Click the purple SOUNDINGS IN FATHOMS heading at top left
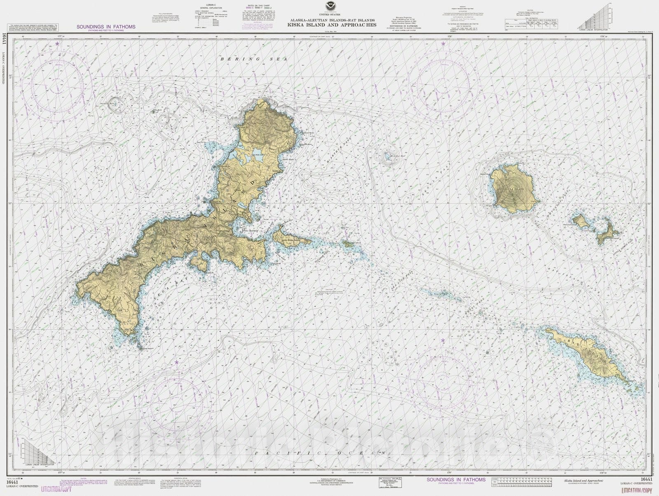pyautogui.click(x=106, y=27)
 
